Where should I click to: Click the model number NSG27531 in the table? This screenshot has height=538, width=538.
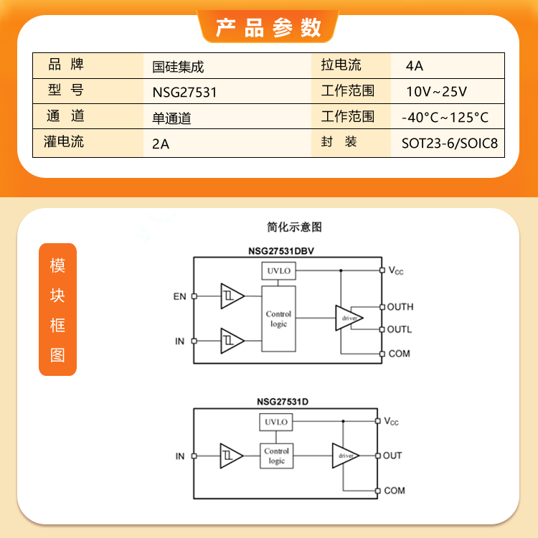[184, 93]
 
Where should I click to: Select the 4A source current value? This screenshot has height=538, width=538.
[414, 66]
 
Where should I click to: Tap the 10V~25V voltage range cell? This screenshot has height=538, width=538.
[436, 92]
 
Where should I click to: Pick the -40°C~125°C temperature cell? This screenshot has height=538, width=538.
[445, 118]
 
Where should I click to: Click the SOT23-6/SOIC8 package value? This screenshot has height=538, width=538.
[450, 143]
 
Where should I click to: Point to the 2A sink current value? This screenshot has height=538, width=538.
[161, 144]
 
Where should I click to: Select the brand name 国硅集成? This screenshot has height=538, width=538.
[178, 67]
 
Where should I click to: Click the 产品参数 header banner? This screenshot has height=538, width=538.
[268, 27]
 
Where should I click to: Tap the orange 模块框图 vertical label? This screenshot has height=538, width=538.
[57, 309]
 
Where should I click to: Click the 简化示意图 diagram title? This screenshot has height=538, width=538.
[294, 227]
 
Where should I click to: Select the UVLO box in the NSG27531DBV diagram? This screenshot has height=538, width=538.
[278, 270]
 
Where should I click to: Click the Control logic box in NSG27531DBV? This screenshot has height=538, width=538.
[278, 318]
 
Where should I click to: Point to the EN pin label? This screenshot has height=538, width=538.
[179, 296]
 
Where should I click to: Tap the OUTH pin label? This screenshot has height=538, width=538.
[400, 307]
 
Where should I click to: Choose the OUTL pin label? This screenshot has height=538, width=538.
[400, 329]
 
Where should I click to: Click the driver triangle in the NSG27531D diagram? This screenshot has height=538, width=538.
[346, 456]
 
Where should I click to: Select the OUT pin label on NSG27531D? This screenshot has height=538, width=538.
[392, 456]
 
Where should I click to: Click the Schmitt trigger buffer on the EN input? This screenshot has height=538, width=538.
[232, 296]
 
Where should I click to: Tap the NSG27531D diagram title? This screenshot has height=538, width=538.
[283, 402]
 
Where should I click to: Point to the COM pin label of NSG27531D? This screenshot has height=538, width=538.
[395, 491]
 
